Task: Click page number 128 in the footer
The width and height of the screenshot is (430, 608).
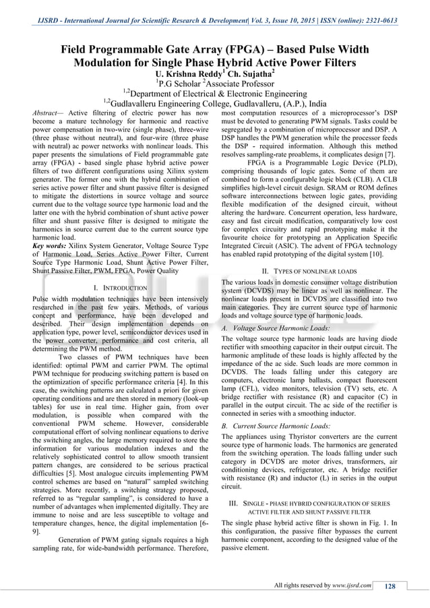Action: (390, 586)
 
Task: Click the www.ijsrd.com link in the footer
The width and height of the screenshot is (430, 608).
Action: (353, 585)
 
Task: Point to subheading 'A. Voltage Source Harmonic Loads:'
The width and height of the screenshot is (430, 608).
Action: (276, 327)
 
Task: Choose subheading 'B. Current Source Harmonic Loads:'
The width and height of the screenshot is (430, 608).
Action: (276, 426)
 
